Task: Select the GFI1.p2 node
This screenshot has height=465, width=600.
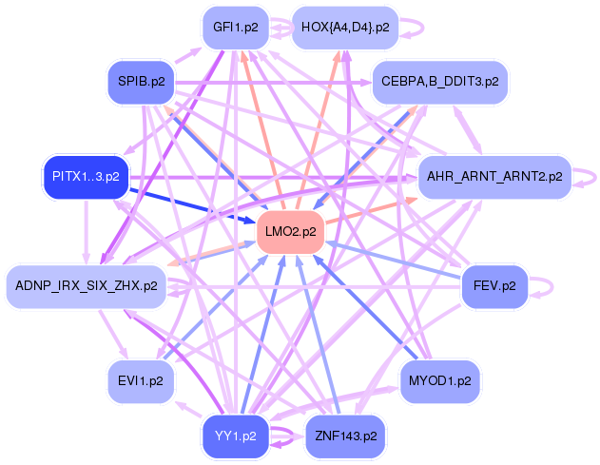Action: [235, 28]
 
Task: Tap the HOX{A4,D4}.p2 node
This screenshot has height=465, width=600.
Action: [344, 28]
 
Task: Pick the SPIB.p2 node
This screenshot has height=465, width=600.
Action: [142, 82]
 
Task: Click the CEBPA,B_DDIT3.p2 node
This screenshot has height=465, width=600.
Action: [439, 82]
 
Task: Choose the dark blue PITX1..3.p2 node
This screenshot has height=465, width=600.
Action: [86, 177]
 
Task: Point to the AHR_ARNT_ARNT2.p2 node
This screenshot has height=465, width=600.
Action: [494, 177]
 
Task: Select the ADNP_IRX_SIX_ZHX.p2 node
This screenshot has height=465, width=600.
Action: [87, 285]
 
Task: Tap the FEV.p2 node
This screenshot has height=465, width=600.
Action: [494, 285]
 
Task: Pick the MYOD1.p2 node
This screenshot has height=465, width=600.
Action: [439, 380]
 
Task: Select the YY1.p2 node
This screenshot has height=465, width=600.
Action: [235, 436]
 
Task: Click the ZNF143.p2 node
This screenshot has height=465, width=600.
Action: [344, 436]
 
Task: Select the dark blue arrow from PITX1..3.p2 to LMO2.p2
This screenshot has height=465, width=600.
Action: [190, 202]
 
